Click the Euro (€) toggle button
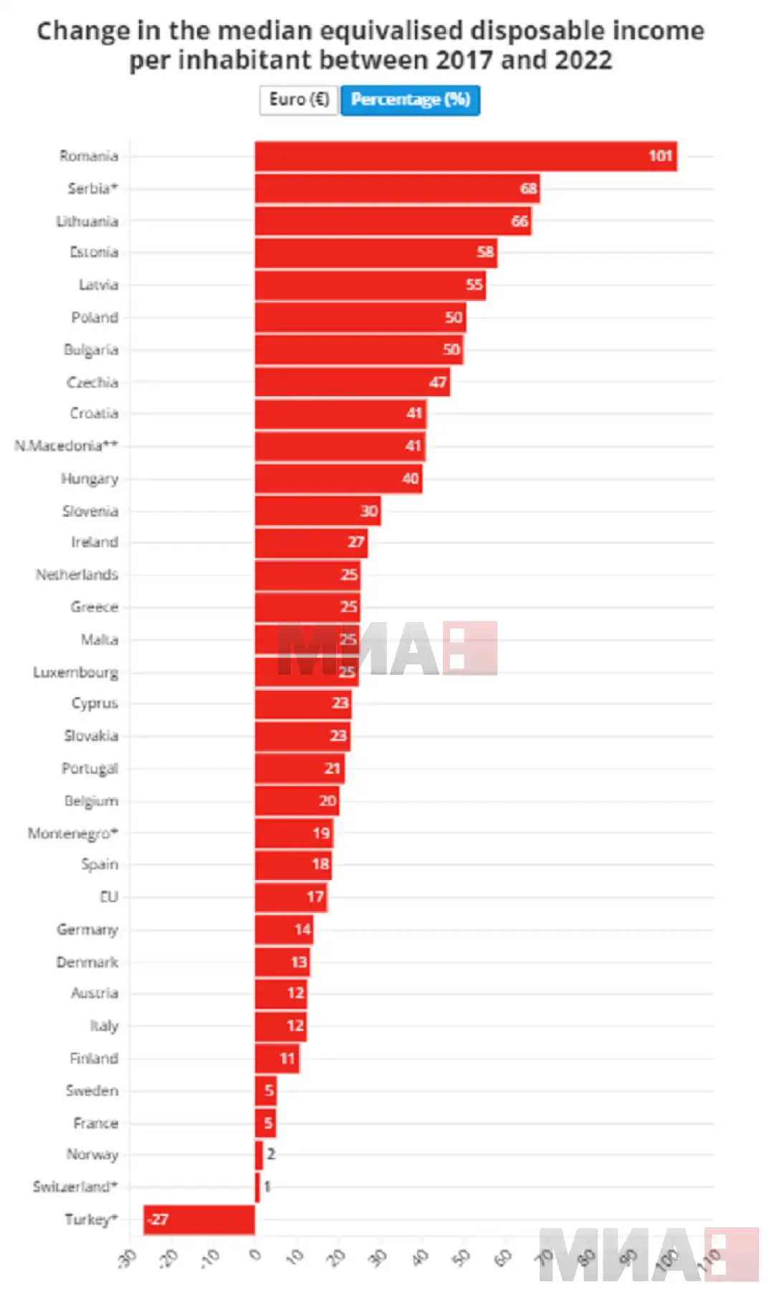click(x=298, y=100)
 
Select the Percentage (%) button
click(x=410, y=100)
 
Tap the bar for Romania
click(x=465, y=156)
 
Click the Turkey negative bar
click(x=199, y=1220)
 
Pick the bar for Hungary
click(x=338, y=479)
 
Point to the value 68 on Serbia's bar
click(x=528, y=188)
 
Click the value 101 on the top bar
click(x=660, y=156)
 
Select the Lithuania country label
click(x=87, y=221)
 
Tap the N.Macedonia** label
click(x=66, y=446)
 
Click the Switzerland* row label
click(x=75, y=1187)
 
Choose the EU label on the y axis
click(x=109, y=897)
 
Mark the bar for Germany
click(x=284, y=929)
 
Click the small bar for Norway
click(x=259, y=1154)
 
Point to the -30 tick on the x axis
click(x=128, y=1258)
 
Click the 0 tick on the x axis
click(x=255, y=1255)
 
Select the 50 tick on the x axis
click(x=463, y=1258)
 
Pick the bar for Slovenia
click(x=317, y=511)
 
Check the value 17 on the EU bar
click(x=315, y=897)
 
